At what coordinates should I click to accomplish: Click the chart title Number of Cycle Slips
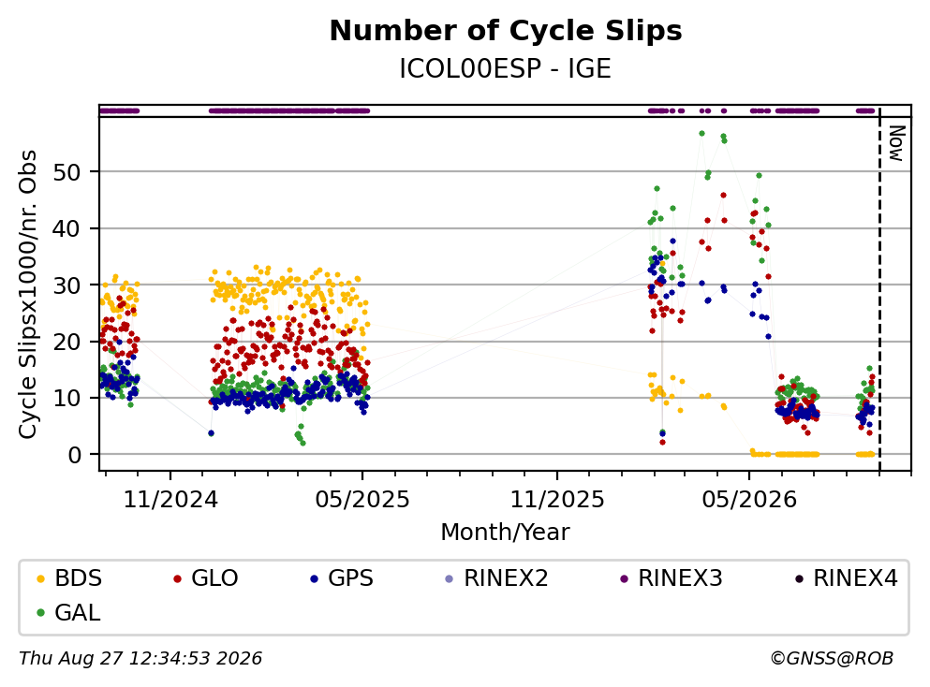(506, 31)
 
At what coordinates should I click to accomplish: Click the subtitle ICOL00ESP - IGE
(506, 68)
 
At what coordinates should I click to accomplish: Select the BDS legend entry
(69, 577)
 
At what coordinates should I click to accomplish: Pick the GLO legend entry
(206, 577)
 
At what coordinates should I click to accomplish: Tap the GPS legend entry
(342, 577)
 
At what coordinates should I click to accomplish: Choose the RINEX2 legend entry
(497, 577)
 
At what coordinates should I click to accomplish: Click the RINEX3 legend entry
(672, 577)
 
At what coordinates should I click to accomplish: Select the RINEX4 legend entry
(847, 577)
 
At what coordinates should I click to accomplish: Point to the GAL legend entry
(68, 612)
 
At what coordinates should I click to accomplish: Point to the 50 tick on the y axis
(66, 172)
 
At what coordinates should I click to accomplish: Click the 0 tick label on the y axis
(74, 455)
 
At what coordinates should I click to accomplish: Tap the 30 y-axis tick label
(66, 285)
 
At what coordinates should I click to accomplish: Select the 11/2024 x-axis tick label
(170, 500)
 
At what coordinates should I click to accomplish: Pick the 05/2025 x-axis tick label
(362, 500)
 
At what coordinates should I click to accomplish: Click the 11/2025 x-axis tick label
(557, 500)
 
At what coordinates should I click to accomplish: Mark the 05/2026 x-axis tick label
(749, 500)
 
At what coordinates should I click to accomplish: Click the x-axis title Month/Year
(505, 532)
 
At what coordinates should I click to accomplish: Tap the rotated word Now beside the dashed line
(895, 143)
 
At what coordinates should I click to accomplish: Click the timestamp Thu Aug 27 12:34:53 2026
(140, 658)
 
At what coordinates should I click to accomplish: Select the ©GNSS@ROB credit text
(832, 658)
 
